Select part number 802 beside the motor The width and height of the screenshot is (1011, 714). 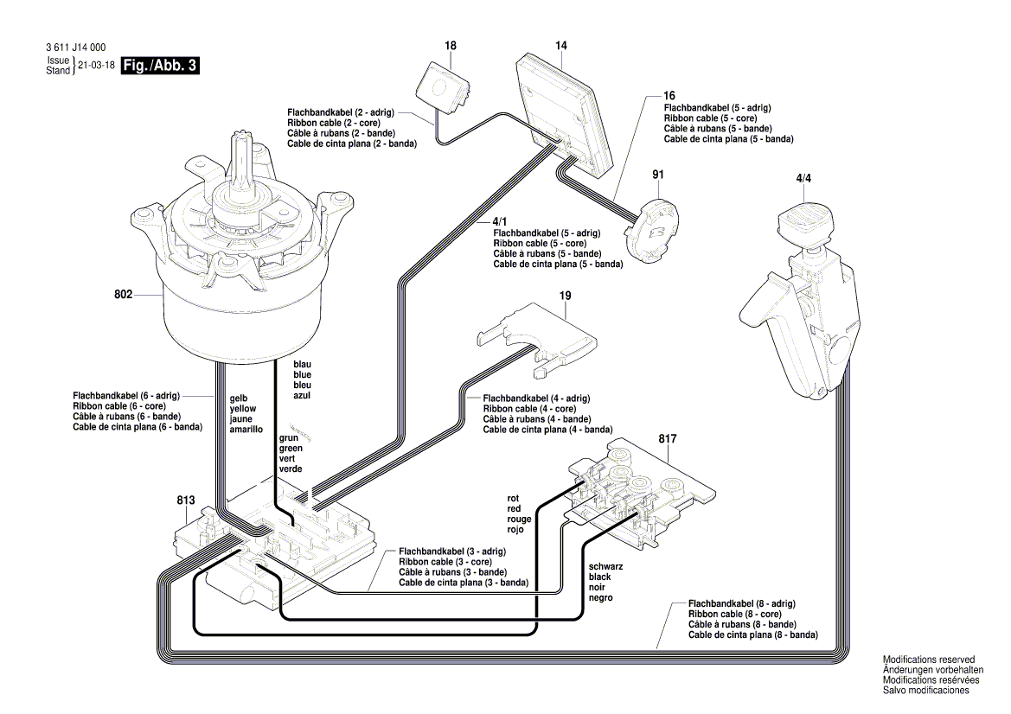[x=123, y=295]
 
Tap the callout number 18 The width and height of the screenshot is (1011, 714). [x=450, y=45]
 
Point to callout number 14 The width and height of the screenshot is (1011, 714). [x=560, y=45]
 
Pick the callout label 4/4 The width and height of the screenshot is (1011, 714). [x=803, y=178]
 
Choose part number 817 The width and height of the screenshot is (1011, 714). [x=668, y=439]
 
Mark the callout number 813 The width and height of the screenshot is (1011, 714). [x=185, y=500]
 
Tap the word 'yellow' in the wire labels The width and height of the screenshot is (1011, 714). [x=243, y=409]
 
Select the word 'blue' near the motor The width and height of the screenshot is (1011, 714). [x=302, y=375]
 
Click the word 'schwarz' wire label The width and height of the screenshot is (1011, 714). [x=606, y=565]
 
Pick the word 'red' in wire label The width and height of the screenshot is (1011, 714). [x=515, y=509]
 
